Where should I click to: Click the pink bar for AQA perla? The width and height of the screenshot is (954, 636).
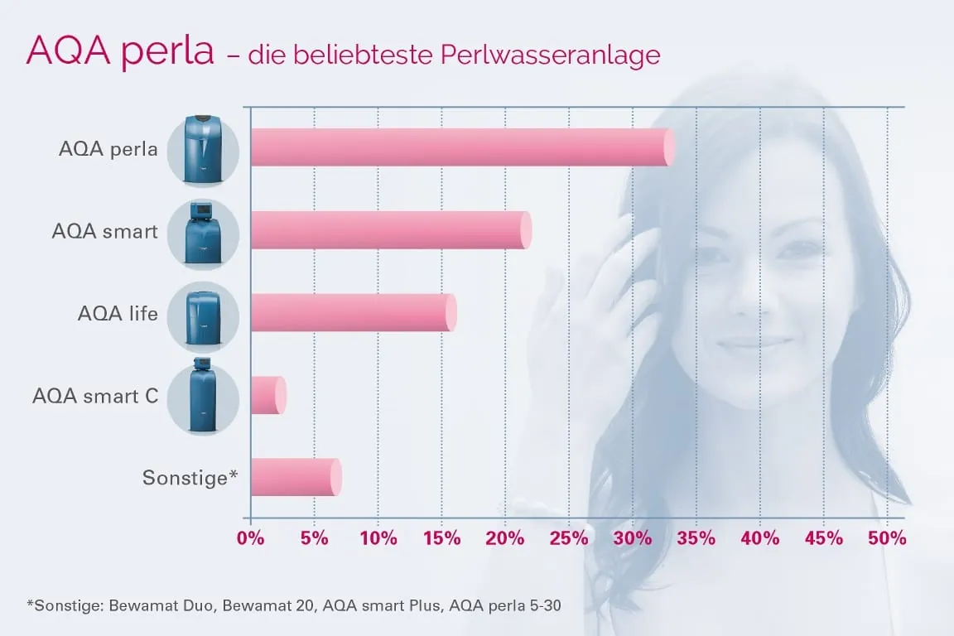click(x=460, y=147)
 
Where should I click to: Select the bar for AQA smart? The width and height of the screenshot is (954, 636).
click(x=389, y=230)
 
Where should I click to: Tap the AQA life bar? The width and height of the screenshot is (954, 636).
click(x=352, y=312)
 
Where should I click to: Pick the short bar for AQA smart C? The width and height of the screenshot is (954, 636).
click(x=267, y=395)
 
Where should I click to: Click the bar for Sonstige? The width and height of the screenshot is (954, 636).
click(x=295, y=477)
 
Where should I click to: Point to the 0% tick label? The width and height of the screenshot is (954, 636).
click(x=250, y=538)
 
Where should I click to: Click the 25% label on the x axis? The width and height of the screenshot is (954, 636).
click(x=569, y=538)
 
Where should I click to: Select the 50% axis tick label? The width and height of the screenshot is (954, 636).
click(x=888, y=538)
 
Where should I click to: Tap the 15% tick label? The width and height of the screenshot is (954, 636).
click(x=441, y=538)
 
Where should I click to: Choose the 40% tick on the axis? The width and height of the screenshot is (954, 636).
click(x=760, y=538)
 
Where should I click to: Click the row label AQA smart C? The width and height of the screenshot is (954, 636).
click(x=95, y=396)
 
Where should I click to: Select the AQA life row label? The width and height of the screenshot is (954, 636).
click(x=118, y=314)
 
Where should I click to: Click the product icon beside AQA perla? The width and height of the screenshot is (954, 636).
click(x=203, y=149)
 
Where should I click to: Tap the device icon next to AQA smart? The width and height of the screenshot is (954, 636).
click(x=203, y=232)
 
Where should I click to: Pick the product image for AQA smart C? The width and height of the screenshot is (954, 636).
click(x=203, y=397)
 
